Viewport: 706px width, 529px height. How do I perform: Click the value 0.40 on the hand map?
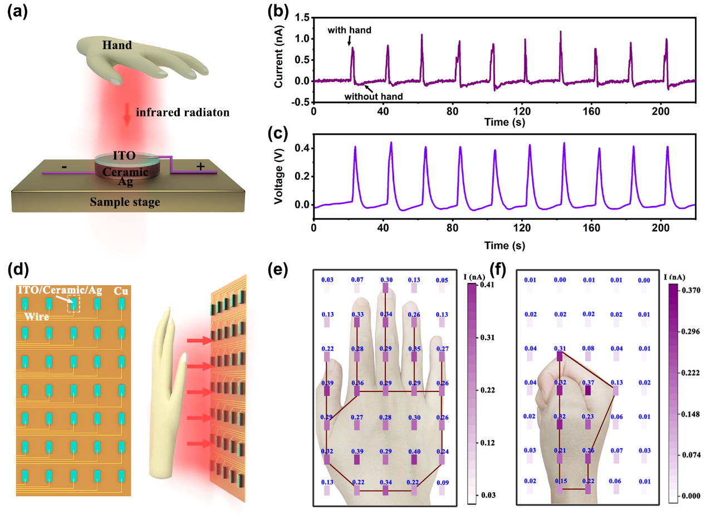point(414,451)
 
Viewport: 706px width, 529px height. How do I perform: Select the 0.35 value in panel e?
point(414,349)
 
